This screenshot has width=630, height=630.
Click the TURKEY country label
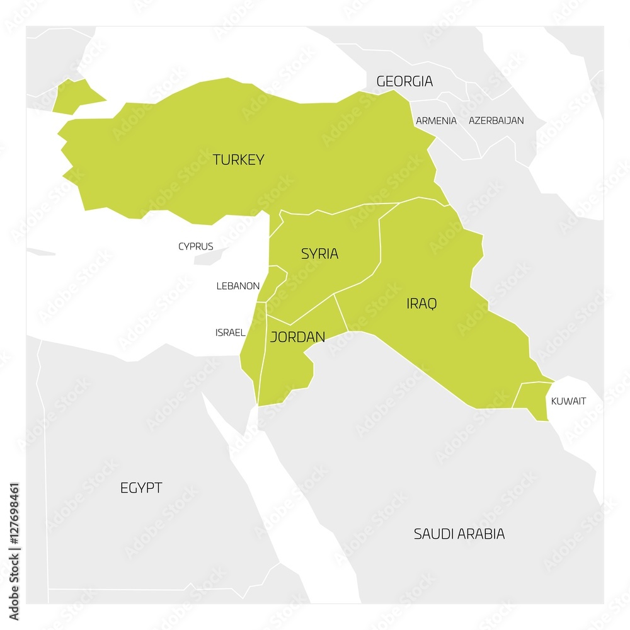click(x=238, y=159)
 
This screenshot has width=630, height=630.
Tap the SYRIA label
click(x=319, y=253)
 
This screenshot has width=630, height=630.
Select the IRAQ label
click(x=421, y=304)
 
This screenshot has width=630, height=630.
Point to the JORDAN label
click(x=297, y=337)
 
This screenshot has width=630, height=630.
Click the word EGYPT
click(x=141, y=488)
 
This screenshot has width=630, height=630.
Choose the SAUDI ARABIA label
click(x=459, y=534)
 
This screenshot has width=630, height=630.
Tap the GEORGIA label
click(x=404, y=81)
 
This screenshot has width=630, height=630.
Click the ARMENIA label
click(x=436, y=120)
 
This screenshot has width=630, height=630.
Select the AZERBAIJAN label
click(x=496, y=120)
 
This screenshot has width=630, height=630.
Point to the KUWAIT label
click(x=568, y=401)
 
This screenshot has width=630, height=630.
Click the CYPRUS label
click(x=195, y=246)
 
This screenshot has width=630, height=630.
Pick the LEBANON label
click(x=238, y=285)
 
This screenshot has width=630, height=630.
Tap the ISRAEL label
click(x=230, y=332)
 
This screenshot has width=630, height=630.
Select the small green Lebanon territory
click(x=272, y=283)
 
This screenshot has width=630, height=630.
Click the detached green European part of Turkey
click(x=74, y=96)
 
